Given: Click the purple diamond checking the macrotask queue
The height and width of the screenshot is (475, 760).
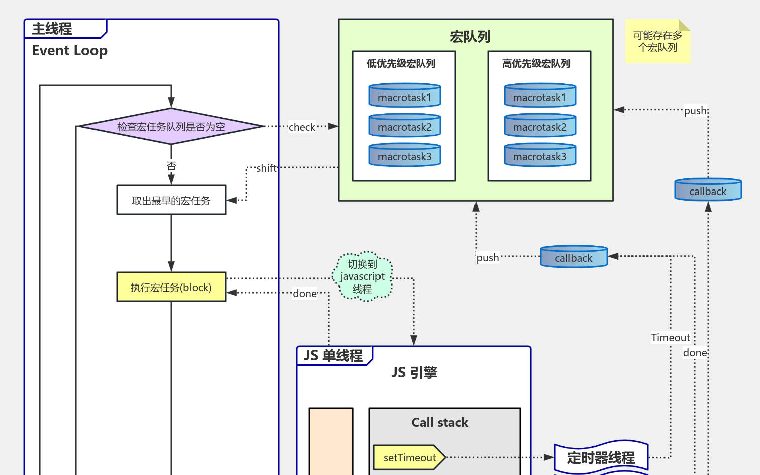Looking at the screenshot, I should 171,126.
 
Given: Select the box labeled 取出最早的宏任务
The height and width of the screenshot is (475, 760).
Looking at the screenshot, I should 171,200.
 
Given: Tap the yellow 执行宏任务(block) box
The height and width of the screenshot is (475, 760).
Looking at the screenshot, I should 171,287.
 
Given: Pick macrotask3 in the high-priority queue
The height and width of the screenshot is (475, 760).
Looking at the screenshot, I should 540,156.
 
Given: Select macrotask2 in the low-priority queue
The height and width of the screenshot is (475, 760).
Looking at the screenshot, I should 405,126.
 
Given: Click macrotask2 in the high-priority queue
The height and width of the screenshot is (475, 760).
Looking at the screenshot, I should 540,126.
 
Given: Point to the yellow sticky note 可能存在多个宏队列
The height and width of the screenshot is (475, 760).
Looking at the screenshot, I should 657,41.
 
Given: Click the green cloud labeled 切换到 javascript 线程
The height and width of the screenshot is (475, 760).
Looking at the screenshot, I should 362,276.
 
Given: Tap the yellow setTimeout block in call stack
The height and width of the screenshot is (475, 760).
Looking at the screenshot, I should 409,457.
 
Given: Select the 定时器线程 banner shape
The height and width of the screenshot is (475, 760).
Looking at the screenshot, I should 601,458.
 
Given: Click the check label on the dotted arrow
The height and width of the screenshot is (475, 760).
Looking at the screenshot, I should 302,127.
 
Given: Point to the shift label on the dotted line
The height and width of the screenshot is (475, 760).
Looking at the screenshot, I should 266,168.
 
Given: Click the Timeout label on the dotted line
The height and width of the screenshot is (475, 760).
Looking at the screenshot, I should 671,338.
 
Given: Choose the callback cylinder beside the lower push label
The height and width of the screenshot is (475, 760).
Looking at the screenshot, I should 574,257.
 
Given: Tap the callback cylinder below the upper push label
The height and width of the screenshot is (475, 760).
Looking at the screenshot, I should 708,191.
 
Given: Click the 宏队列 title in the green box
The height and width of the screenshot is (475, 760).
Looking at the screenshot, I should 470,37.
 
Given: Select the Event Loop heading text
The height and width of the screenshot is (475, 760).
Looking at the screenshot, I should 69,51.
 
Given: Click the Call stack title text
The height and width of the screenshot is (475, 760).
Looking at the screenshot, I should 440,423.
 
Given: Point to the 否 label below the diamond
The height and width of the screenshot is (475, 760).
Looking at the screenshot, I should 171,165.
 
